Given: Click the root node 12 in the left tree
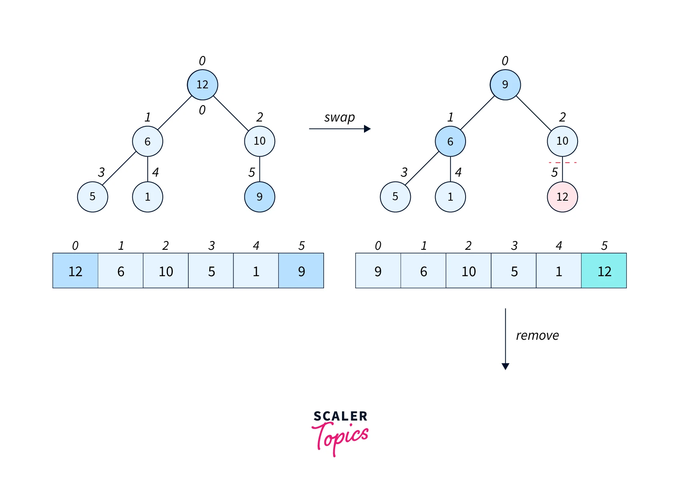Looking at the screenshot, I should pyautogui.click(x=202, y=85).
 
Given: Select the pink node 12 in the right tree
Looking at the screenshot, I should pyautogui.click(x=562, y=197).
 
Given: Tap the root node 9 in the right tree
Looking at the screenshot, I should pyautogui.click(x=505, y=85).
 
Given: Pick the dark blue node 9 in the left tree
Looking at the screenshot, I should pyautogui.click(x=260, y=197).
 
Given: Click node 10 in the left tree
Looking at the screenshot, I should pyautogui.click(x=260, y=141).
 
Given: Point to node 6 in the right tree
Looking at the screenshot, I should pyautogui.click(x=450, y=141).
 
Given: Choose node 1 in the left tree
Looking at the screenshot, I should pyautogui.click(x=148, y=197).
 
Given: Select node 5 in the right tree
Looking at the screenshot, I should pyautogui.click(x=395, y=197).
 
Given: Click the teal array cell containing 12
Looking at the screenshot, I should pyautogui.click(x=604, y=271).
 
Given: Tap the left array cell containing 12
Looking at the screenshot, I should pyautogui.click(x=75, y=271).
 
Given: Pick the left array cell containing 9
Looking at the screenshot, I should pyautogui.click(x=301, y=271).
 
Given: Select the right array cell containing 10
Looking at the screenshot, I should pyautogui.click(x=468, y=271).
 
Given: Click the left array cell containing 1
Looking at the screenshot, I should pyautogui.click(x=256, y=271).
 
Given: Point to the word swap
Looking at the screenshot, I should pyautogui.click(x=339, y=118).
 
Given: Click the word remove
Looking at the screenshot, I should pyautogui.click(x=537, y=336).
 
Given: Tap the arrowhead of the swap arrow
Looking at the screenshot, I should pyautogui.click(x=367, y=129).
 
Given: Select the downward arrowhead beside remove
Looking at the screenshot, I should pyautogui.click(x=505, y=366).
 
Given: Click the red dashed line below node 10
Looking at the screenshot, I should pyautogui.click(x=562, y=163).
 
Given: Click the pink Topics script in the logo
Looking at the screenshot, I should pyautogui.click(x=340, y=438).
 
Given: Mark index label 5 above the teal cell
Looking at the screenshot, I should pyautogui.click(x=604, y=245).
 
